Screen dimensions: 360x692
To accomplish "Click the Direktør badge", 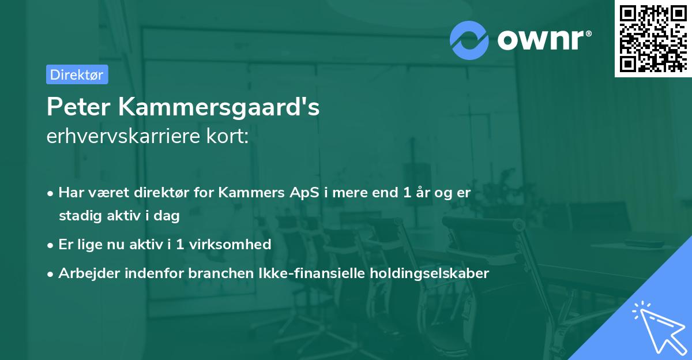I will tap(77, 74).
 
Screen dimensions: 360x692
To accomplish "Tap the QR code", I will tap(652, 38).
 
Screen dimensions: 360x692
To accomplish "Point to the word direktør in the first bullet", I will tap(164, 193).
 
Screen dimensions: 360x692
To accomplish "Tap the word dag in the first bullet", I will tap(168, 216).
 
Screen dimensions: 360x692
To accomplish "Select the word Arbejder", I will tap(85, 273).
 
